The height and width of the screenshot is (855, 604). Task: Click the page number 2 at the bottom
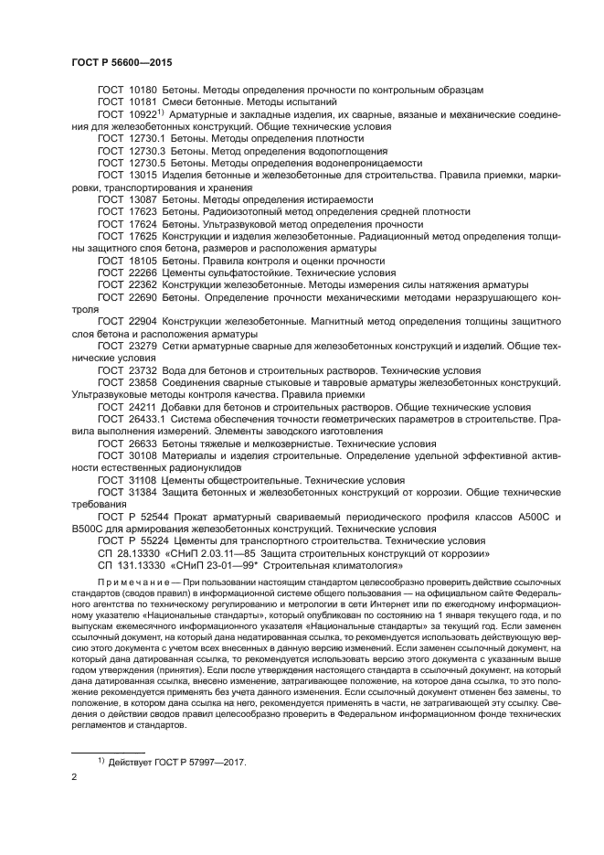coord(74,776)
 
